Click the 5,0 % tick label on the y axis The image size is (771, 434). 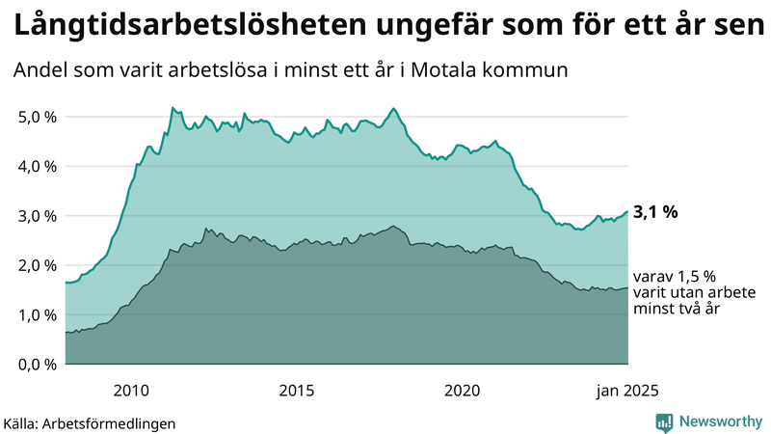coord(37,117)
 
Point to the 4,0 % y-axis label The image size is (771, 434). coord(37,166)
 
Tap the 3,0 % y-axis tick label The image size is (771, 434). coord(37,216)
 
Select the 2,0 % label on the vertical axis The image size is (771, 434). coord(37,265)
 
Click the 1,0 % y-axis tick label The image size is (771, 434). coord(37,314)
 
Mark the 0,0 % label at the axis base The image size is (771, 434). coord(37,365)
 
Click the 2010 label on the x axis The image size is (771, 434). coord(131,391)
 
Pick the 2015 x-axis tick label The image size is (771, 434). coord(297,391)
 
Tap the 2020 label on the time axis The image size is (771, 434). coord(463,391)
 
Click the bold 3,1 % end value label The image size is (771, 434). coord(656,212)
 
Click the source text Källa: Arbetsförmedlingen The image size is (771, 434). coord(90,422)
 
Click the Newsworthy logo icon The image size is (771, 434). coord(664,421)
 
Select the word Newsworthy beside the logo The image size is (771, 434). coord(719,421)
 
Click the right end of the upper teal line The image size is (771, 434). coord(627,211)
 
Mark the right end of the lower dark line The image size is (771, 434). coord(627,287)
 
